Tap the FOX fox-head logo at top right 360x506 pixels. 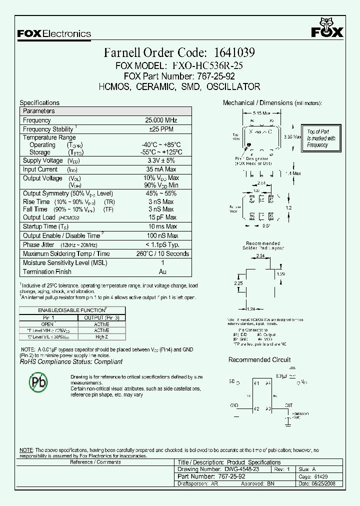point(327,28)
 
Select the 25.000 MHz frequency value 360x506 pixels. point(161,120)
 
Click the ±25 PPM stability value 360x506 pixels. point(161,129)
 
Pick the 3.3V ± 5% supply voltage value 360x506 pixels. point(161,160)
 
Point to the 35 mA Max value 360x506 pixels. point(161,169)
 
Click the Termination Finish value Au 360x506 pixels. point(162,271)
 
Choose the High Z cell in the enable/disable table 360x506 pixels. point(101,337)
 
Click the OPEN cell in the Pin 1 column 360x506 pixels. point(47,324)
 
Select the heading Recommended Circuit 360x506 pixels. point(259,359)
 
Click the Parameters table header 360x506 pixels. point(39,111)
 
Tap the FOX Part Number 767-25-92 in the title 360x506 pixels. point(213,76)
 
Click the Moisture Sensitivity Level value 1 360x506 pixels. point(162,262)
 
